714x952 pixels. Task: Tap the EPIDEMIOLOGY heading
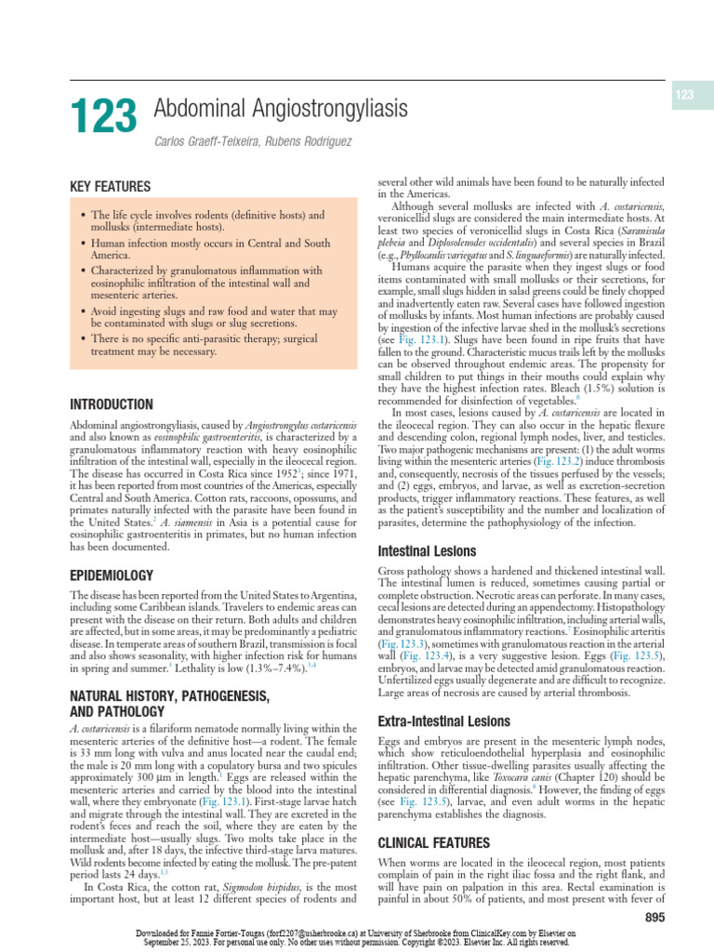tap(112, 576)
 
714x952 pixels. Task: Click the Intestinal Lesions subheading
tap(426, 551)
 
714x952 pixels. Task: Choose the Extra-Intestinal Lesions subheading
tap(443, 721)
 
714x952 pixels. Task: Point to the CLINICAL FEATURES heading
tap(432, 843)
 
